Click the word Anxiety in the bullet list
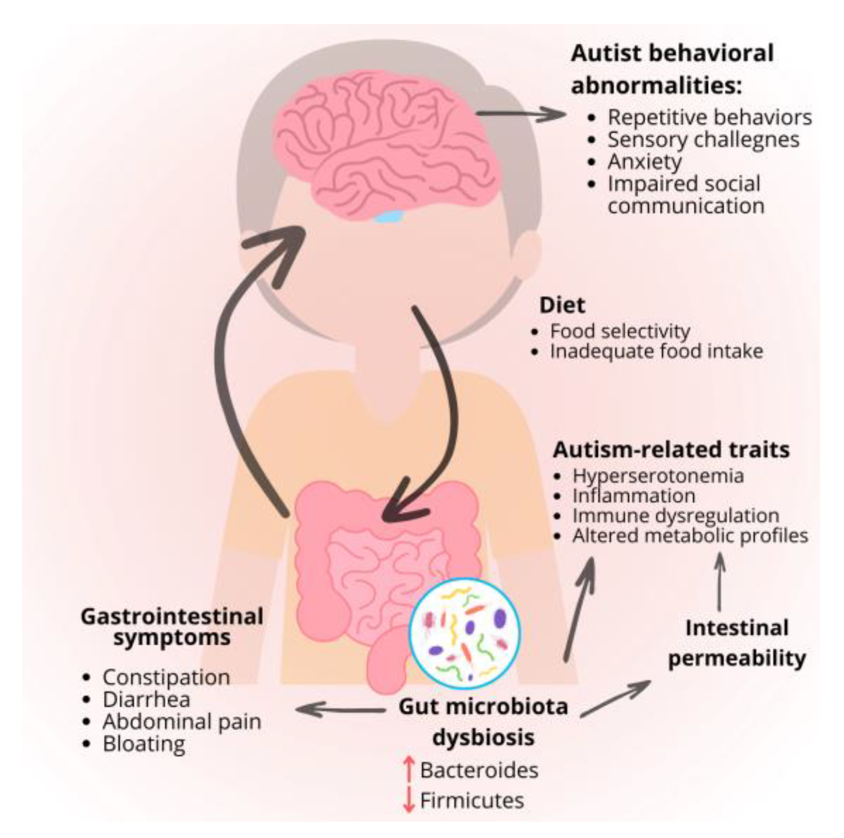pyautogui.click(x=644, y=162)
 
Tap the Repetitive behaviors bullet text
pyautogui.click(x=709, y=117)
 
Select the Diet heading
pyautogui.click(x=562, y=305)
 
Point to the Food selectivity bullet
pyautogui.click(x=620, y=331)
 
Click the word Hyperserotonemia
pyautogui.click(x=658, y=476)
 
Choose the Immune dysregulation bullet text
pyautogui.click(x=675, y=515)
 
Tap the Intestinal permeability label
pyautogui.click(x=736, y=643)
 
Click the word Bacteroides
pyautogui.click(x=479, y=770)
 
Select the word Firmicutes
pyautogui.click(x=472, y=800)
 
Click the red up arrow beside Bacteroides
pyautogui.click(x=409, y=769)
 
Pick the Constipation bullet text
pyautogui.click(x=166, y=677)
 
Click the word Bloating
pyautogui.click(x=144, y=744)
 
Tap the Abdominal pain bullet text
pyautogui.click(x=182, y=722)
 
